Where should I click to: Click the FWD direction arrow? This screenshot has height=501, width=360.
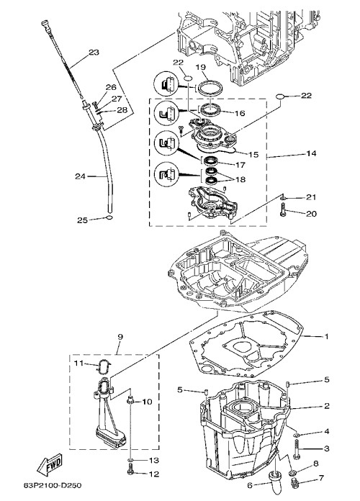[50, 464]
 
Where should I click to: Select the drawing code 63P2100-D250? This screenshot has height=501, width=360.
[53, 486]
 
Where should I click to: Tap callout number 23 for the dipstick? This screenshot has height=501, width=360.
[94, 52]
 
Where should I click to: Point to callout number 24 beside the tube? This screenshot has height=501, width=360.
[80, 176]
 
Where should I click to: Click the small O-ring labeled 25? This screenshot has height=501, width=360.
[109, 218]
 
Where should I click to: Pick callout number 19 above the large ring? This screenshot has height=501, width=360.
[201, 67]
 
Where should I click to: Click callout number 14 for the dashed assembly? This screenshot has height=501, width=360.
[311, 153]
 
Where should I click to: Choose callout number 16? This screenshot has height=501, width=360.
[240, 113]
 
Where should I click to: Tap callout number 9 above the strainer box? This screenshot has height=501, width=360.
[120, 336]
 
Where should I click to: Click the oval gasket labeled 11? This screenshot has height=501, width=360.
[103, 366]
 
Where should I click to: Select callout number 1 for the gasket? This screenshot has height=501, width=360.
[326, 336]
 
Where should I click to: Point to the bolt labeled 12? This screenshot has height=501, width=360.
[130, 472]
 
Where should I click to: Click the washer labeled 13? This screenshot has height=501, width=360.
[130, 460]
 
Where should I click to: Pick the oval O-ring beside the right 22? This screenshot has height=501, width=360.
[279, 96]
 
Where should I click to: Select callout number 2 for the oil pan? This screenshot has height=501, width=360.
[326, 406]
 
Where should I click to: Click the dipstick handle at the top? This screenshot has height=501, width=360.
[45, 24]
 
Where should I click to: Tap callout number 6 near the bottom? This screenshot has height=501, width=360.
[250, 485]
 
